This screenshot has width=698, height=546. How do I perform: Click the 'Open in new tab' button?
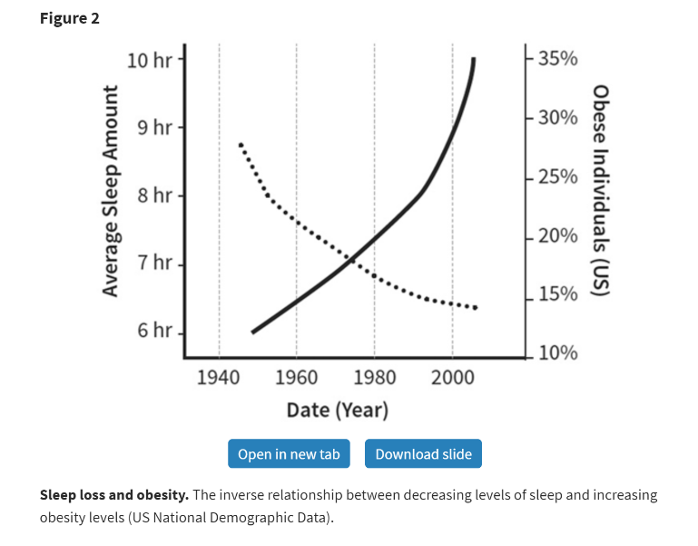(x=289, y=453)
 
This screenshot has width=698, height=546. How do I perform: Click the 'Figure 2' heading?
(x=70, y=18)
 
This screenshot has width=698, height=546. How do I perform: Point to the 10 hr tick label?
(x=149, y=60)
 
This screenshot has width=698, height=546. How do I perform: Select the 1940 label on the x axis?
(x=219, y=377)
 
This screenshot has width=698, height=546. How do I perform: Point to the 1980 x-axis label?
(x=374, y=377)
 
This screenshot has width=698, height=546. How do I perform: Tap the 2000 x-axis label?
(x=452, y=377)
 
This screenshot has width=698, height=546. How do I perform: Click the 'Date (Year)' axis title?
(x=337, y=410)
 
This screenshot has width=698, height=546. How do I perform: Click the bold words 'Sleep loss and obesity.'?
(x=114, y=495)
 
